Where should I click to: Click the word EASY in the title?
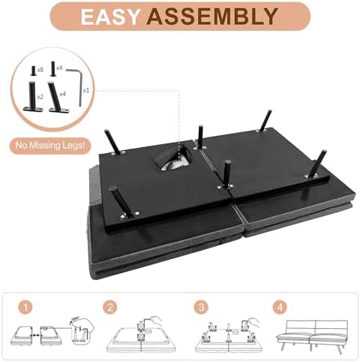[x=109, y=17]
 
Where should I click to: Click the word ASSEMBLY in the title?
[x=212, y=17]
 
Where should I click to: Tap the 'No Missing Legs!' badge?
[x=50, y=146]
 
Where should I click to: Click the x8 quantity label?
[x=40, y=71]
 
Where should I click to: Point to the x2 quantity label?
[x=40, y=97]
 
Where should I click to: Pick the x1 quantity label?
[x=85, y=90]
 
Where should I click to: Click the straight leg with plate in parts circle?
[x=33, y=97]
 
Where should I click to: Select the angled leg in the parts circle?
[x=57, y=98]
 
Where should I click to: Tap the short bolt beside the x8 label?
[x=34, y=71]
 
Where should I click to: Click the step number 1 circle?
[x=25, y=307]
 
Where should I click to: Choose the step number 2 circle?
[x=110, y=307]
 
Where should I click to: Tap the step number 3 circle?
[x=202, y=307]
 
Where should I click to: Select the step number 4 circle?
[x=280, y=307]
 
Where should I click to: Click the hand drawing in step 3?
[x=253, y=322]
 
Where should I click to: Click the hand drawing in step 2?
[x=154, y=321]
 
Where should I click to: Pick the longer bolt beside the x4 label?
[x=52, y=68]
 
